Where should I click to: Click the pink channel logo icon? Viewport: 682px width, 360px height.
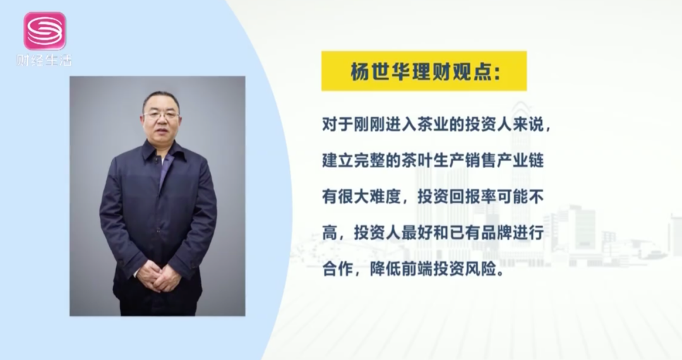pyautogui.click(x=44, y=30)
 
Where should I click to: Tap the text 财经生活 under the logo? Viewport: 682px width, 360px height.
pyautogui.click(x=44, y=61)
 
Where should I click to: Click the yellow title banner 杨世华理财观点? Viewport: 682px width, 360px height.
pyautogui.click(x=424, y=71)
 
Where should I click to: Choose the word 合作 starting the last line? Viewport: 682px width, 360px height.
pyautogui.click(x=338, y=270)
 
